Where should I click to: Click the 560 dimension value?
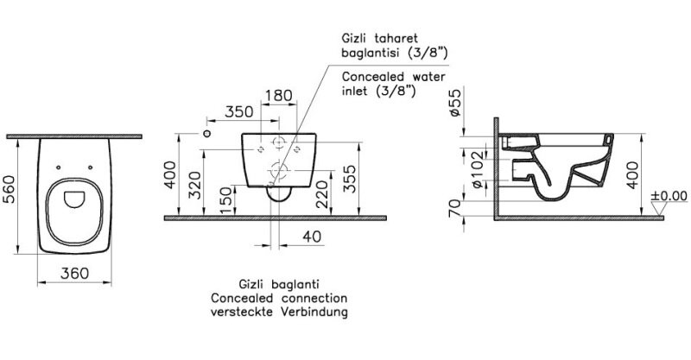point(9,189)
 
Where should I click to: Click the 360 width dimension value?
point(74,273)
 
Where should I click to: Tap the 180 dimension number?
point(279,95)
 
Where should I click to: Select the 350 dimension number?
point(239,112)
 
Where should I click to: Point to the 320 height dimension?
point(195,185)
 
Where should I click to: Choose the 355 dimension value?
point(350,179)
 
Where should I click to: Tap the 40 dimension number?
point(312,237)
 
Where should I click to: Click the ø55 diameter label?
point(455,102)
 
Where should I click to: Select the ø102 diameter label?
point(478,170)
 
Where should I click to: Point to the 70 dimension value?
point(456,207)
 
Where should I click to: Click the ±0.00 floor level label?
point(669,195)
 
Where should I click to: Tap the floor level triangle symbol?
point(658,208)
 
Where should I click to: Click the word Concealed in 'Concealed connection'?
point(244,298)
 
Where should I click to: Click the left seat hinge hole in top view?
point(58,167)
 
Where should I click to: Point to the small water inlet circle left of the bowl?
point(206,133)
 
